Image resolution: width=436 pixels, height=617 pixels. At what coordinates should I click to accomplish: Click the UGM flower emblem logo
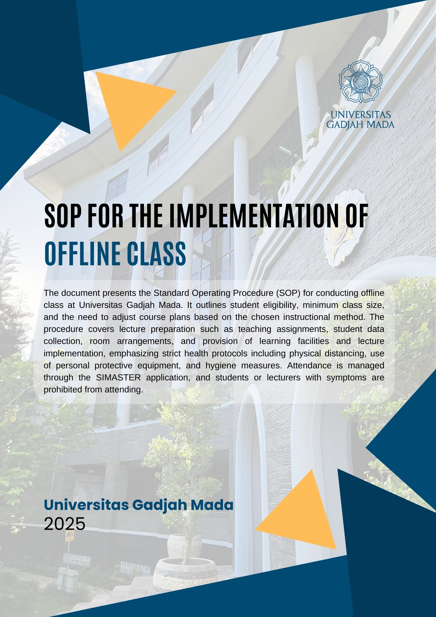360,81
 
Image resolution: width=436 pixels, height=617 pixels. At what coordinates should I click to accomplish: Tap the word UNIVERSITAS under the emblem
360,115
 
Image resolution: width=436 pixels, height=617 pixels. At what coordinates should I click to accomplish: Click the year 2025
64,524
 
